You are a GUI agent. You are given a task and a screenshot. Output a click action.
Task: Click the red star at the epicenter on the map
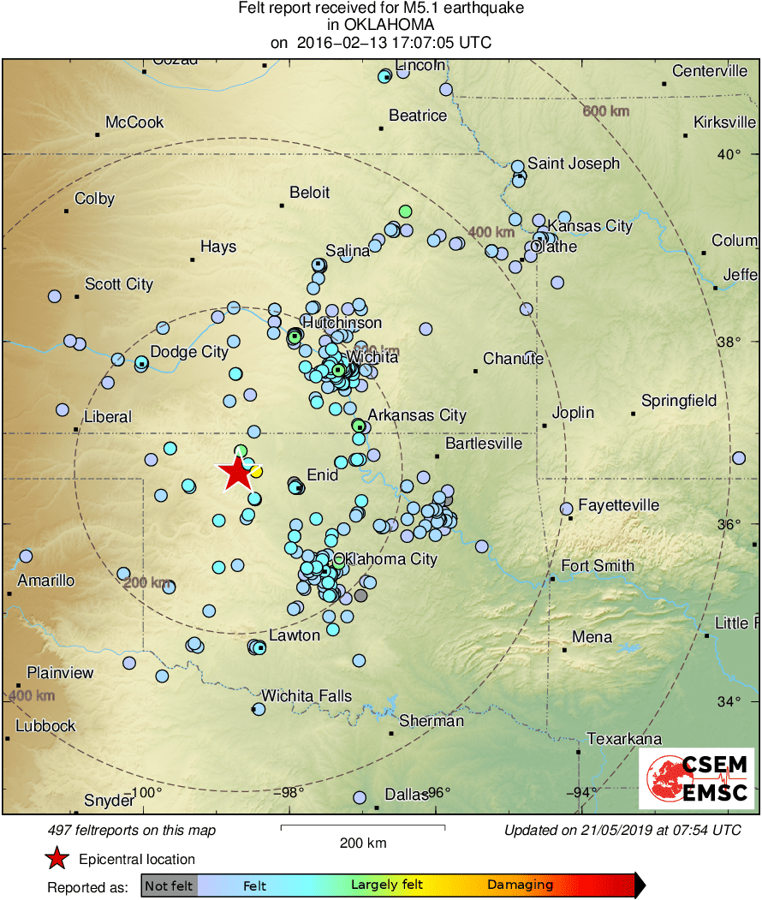tap(235, 473)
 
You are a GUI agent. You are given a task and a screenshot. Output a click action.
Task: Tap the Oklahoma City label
tap(385, 560)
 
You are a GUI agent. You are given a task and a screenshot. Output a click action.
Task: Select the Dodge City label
tap(189, 352)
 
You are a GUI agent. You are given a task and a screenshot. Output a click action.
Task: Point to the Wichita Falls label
tap(307, 696)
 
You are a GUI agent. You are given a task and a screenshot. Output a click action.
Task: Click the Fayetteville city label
tap(618, 505)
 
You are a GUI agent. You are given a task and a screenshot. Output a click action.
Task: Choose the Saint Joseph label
tap(573, 164)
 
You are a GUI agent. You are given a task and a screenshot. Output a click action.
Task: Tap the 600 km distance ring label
tap(605, 111)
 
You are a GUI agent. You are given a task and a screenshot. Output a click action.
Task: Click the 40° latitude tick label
tap(729, 154)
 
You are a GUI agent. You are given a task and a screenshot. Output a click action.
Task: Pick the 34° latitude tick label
tap(729, 702)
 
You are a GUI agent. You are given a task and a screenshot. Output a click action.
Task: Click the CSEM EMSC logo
tap(697, 778)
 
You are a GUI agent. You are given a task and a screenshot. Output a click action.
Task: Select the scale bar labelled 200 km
tap(363, 827)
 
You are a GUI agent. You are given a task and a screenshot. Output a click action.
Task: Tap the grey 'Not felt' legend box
tap(169, 885)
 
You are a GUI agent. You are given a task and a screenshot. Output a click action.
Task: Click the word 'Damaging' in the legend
tap(520, 885)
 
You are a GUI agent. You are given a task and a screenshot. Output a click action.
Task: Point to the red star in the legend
tap(57, 859)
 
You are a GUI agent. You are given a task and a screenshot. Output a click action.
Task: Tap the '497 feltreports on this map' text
tap(132, 830)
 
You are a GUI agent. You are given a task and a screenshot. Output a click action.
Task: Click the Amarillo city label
tap(46, 581)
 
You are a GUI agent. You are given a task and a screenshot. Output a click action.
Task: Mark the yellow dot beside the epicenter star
tap(255, 471)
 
